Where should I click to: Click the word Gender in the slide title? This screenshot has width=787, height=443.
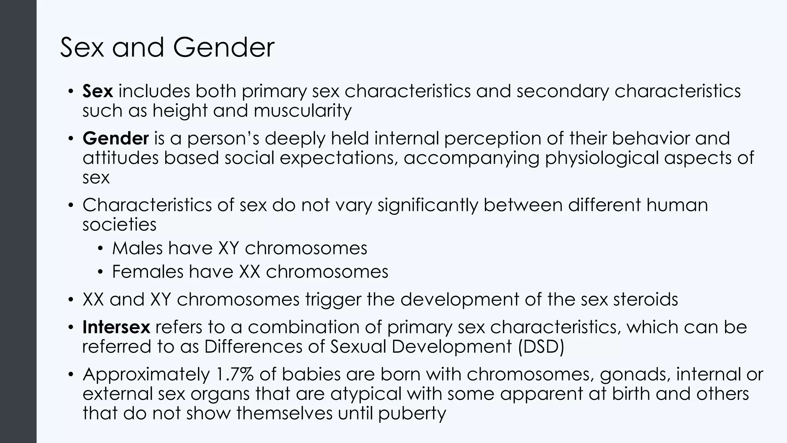[x=223, y=48]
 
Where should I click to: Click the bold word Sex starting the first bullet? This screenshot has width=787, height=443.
[x=98, y=92]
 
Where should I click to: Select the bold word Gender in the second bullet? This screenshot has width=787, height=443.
[x=115, y=138]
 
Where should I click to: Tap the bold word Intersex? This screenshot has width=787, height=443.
[x=116, y=327]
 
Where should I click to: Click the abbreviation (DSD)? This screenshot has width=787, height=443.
[x=541, y=347]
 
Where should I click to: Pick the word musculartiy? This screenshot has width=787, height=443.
[x=302, y=111]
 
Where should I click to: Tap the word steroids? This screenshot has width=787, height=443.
[x=646, y=300]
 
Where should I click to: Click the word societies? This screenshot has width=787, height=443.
[x=119, y=225]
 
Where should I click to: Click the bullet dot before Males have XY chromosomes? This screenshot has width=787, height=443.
[x=101, y=249]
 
